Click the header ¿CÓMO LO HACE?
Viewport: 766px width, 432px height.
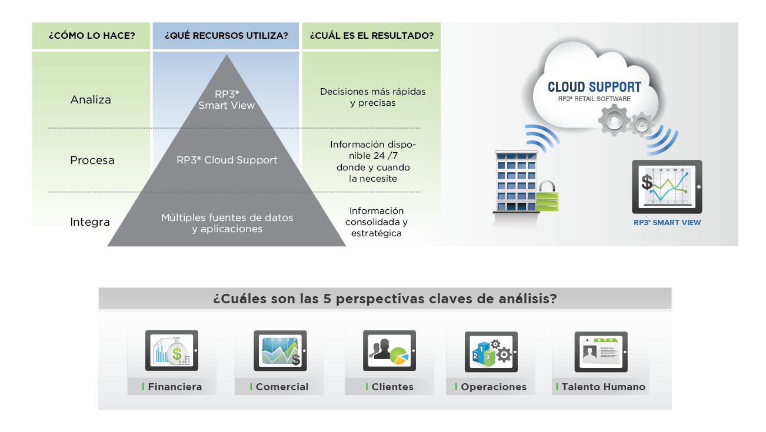[91, 36]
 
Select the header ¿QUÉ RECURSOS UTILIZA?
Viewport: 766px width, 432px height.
[227, 36]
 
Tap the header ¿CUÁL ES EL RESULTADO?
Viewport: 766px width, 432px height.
[371, 36]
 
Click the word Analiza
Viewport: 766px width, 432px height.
[91, 100]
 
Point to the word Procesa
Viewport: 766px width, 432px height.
[92, 160]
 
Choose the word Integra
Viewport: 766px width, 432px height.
[90, 222]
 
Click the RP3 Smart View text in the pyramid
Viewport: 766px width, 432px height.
[227, 100]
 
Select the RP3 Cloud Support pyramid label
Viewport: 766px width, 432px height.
[227, 160]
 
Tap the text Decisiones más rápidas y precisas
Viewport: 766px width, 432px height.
[372, 97]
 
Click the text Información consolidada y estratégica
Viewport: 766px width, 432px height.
[376, 222]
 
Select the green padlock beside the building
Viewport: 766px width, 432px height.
[547, 197]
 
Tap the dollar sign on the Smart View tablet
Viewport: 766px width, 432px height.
[647, 182]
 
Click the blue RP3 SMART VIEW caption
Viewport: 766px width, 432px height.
[667, 223]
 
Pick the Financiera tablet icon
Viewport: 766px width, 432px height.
[171, 350]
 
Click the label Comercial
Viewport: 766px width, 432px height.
[282, 387]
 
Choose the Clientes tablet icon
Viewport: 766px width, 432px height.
[389, 350]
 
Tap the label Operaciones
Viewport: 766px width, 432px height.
[494, 387]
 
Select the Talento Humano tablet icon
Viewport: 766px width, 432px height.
[600, 351]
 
